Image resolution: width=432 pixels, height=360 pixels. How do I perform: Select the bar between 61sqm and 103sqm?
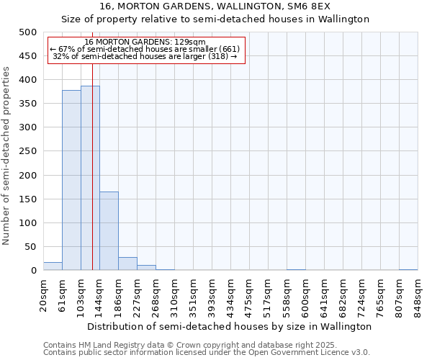tap(71, 180)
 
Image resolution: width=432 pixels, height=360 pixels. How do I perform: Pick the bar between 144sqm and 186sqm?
tap(109, 230)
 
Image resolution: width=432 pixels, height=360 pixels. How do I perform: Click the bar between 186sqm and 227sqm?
tap(127, 264)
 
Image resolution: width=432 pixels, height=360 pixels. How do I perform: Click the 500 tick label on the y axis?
tap(28, 32)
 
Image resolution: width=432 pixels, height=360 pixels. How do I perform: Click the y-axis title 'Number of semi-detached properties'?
tap(7, 156)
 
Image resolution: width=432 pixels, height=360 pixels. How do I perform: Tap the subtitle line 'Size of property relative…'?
tap(215, 19)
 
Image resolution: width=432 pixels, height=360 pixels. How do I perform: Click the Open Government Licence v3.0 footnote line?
tap(207, 353)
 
